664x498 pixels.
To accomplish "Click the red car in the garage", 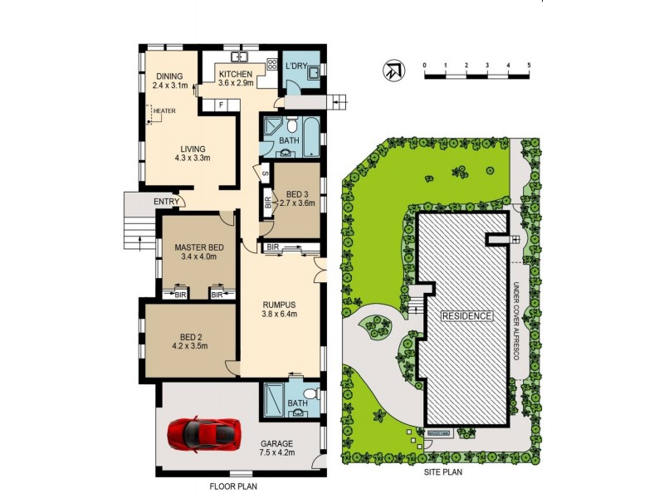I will pyautogui.click(x=203, y=432).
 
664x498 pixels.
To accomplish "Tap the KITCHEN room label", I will pyautogui.click(x=235, y=73).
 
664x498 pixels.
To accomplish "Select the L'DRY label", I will pyautogui.click(x=296, y=66).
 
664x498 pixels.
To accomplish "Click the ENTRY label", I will pyautogui.click(x=167, y=202).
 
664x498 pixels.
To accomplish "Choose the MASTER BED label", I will pyautogui.click(x=198, y=247).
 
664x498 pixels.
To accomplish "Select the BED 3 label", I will pyautogui.click(x=296, y=193).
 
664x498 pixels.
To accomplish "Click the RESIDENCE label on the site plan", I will pyautogui.click(x=466, y=316).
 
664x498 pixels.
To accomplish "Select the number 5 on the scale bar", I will pyautogui.click(x=529, y=64).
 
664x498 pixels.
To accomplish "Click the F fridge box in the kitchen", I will pyautogui.click(x=221, y=105).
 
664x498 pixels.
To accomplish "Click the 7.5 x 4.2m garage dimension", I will pyautogui.click(x=277, y=454).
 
